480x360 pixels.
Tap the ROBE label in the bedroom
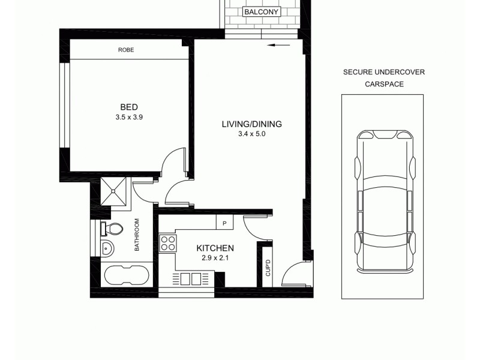[x=125, y=50]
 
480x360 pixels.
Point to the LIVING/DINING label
[x=251, y=124]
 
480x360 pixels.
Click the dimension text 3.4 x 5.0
[x=251, y=134]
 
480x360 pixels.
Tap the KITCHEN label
[x=215, y=248]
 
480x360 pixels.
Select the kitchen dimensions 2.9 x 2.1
[x=215, y=259]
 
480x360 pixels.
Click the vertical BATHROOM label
[x=137, y=235]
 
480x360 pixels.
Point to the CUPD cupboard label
[x=268, y=268]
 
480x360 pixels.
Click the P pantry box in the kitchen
[x=224, y=223]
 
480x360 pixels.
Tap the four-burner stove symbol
[x=167, y=243]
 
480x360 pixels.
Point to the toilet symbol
[x=113, y=229]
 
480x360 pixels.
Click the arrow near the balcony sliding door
[x=279, y=44]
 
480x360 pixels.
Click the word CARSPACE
[x=384, y=85]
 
